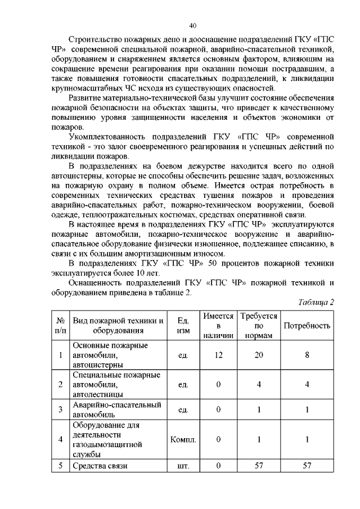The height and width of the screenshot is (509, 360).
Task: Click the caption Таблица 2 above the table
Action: (316, 302)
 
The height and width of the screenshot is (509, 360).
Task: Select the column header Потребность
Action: (307, 326)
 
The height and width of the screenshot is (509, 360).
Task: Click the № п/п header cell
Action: (60, 326)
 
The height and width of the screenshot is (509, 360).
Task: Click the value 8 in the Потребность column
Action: (307, 355)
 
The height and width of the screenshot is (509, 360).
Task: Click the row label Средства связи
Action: (101, 466)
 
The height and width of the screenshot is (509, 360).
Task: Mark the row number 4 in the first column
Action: (60, 439)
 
